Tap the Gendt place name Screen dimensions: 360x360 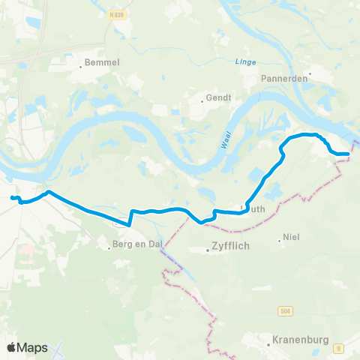(219, 97)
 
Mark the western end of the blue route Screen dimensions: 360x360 (12, 197)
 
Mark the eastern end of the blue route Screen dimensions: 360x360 (349, 154)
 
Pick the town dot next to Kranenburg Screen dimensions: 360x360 (268, 344)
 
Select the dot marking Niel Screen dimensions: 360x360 (279, 241)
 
